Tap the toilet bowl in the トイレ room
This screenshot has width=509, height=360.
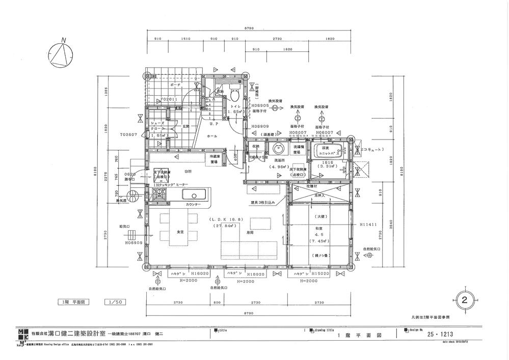pyautogui.click(x=235, y=94)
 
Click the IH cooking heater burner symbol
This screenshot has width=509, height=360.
pyautogui.click(x=158, y=194)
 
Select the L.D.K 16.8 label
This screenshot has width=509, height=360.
pyautogui.click(x=227, y=219)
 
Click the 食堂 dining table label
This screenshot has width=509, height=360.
pyautogui.click(x=180, y=232)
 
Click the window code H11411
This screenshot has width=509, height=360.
pyautogui.click(x=369, y=224)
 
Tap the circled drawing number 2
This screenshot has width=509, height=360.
pyautogui.click(x=464, y=299)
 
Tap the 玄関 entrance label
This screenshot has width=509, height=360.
pyautogui.click(x=186, y=126)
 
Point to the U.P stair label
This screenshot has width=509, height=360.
pyautogui.click(x=213, y=123)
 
